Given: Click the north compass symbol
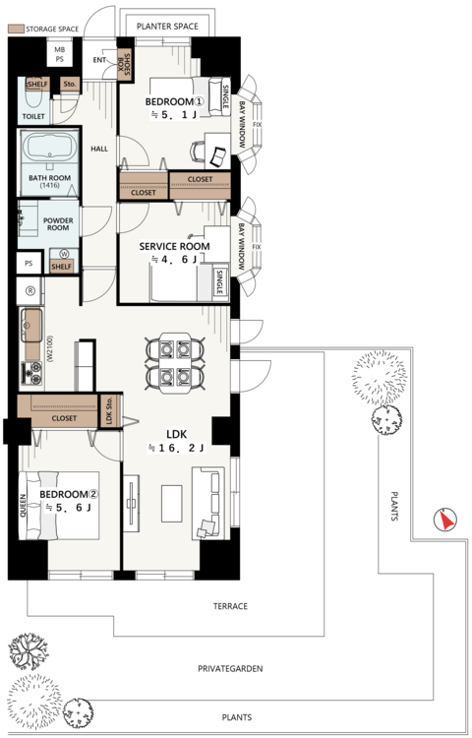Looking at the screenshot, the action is pyautogui.click(x=444, y=521).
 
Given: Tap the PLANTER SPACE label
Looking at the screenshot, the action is pyautogui.click(x=167, y=27).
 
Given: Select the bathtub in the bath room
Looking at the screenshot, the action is pyautogui.click(x=49, y=146).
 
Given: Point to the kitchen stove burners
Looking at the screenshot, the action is pyautogui.click(x=32, y=372).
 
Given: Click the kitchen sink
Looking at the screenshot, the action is pyautogui.click(x=32, y=326).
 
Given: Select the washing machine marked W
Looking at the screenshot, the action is pyautogui.click(x=64, y=254).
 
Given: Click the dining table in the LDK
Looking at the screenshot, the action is pyautogui.click(x=174, y=362).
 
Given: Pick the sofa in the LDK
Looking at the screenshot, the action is pyautogui.click(x=208, y=503).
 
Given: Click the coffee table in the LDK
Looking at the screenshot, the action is pyautogui.click(x=172, y=504).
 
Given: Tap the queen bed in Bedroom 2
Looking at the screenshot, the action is pyautogui.click(x=59, y=505).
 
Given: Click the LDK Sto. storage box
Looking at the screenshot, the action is pyautogui.click(x=109, y=411).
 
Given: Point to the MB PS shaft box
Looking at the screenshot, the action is pyautogui.click(x=60, y=54).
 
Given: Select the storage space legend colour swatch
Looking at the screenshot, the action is pyautogui.click(x=17, y=29).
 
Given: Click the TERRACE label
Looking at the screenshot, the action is pyautogui.click(x=230, y=606).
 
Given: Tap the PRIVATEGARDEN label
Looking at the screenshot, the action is pyautogui.click(x=230, y=668).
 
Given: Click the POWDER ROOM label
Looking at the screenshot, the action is pyautogui.click(x=58, y=224).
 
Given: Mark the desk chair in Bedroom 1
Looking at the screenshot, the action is pyautogui.click(x=198, y=152).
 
